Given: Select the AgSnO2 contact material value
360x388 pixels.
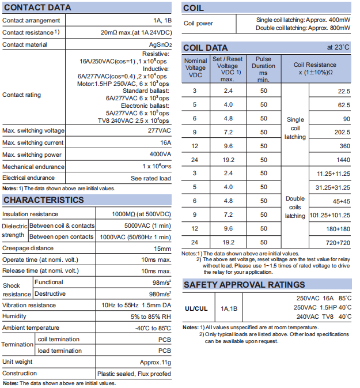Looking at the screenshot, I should pyautogui.click(x=160, y=44).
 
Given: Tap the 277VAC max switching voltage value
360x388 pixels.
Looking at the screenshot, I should pyautogui.click(x=160, y=131).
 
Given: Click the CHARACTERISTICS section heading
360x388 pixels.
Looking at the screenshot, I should pyautogui.click(x=44, y=200).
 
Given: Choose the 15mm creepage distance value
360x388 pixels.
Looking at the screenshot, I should pyautogui.click(x=162, y=248).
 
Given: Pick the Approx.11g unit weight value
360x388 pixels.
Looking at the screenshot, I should pyautogui.click(x=155, y=361).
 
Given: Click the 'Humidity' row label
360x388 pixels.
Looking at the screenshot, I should pyautogui.click(x=14, y=317).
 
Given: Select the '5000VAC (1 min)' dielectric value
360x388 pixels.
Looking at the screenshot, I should pyautogui.click(x=147, y=225).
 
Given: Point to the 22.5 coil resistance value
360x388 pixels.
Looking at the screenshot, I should pyautogui.click(x=344, y=91).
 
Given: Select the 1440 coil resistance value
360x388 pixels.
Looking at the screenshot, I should pyautogui.click(x=343, y=159).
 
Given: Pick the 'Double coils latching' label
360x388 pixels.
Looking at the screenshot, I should pyautogui.click(x=295, y=207).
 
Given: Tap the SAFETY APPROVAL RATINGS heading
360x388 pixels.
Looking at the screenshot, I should pyautogui.click(x=244, y=285).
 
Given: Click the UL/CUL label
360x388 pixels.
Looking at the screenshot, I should pyautogui.click(x=196, y=308).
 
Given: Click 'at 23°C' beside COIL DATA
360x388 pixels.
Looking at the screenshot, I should pyautogui.click(x=338, y=47).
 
